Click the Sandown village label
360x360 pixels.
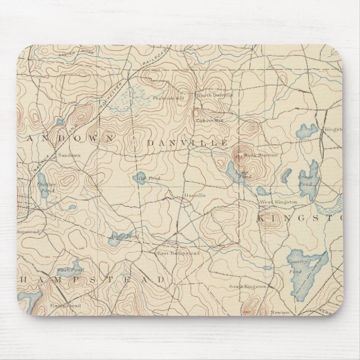pos(70,154)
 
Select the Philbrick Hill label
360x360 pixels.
pos(173,100)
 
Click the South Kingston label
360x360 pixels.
pos(247,287)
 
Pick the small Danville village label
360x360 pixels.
pos(195,195)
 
